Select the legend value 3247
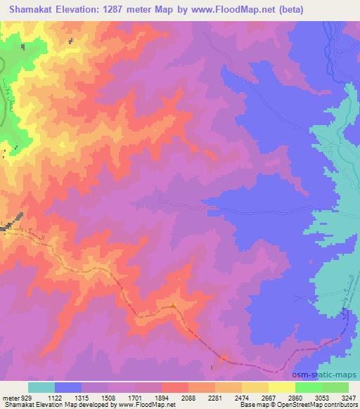(349, 397)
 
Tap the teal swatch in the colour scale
(41, 387)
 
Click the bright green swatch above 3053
(309, 387)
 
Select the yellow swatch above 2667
(255, 387)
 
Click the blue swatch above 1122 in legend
(68, 387)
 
